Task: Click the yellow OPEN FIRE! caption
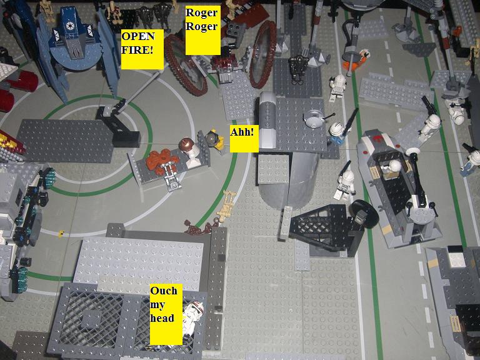point(142,49)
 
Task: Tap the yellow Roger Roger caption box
point(202,30)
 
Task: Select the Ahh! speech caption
point(244,139)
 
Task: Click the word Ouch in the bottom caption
point(164,291)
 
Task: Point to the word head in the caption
point(162,318)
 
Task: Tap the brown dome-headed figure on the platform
point(189,151)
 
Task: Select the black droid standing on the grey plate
point(296,69)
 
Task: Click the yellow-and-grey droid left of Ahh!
point(216,139)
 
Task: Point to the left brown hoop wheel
point(185,65)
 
